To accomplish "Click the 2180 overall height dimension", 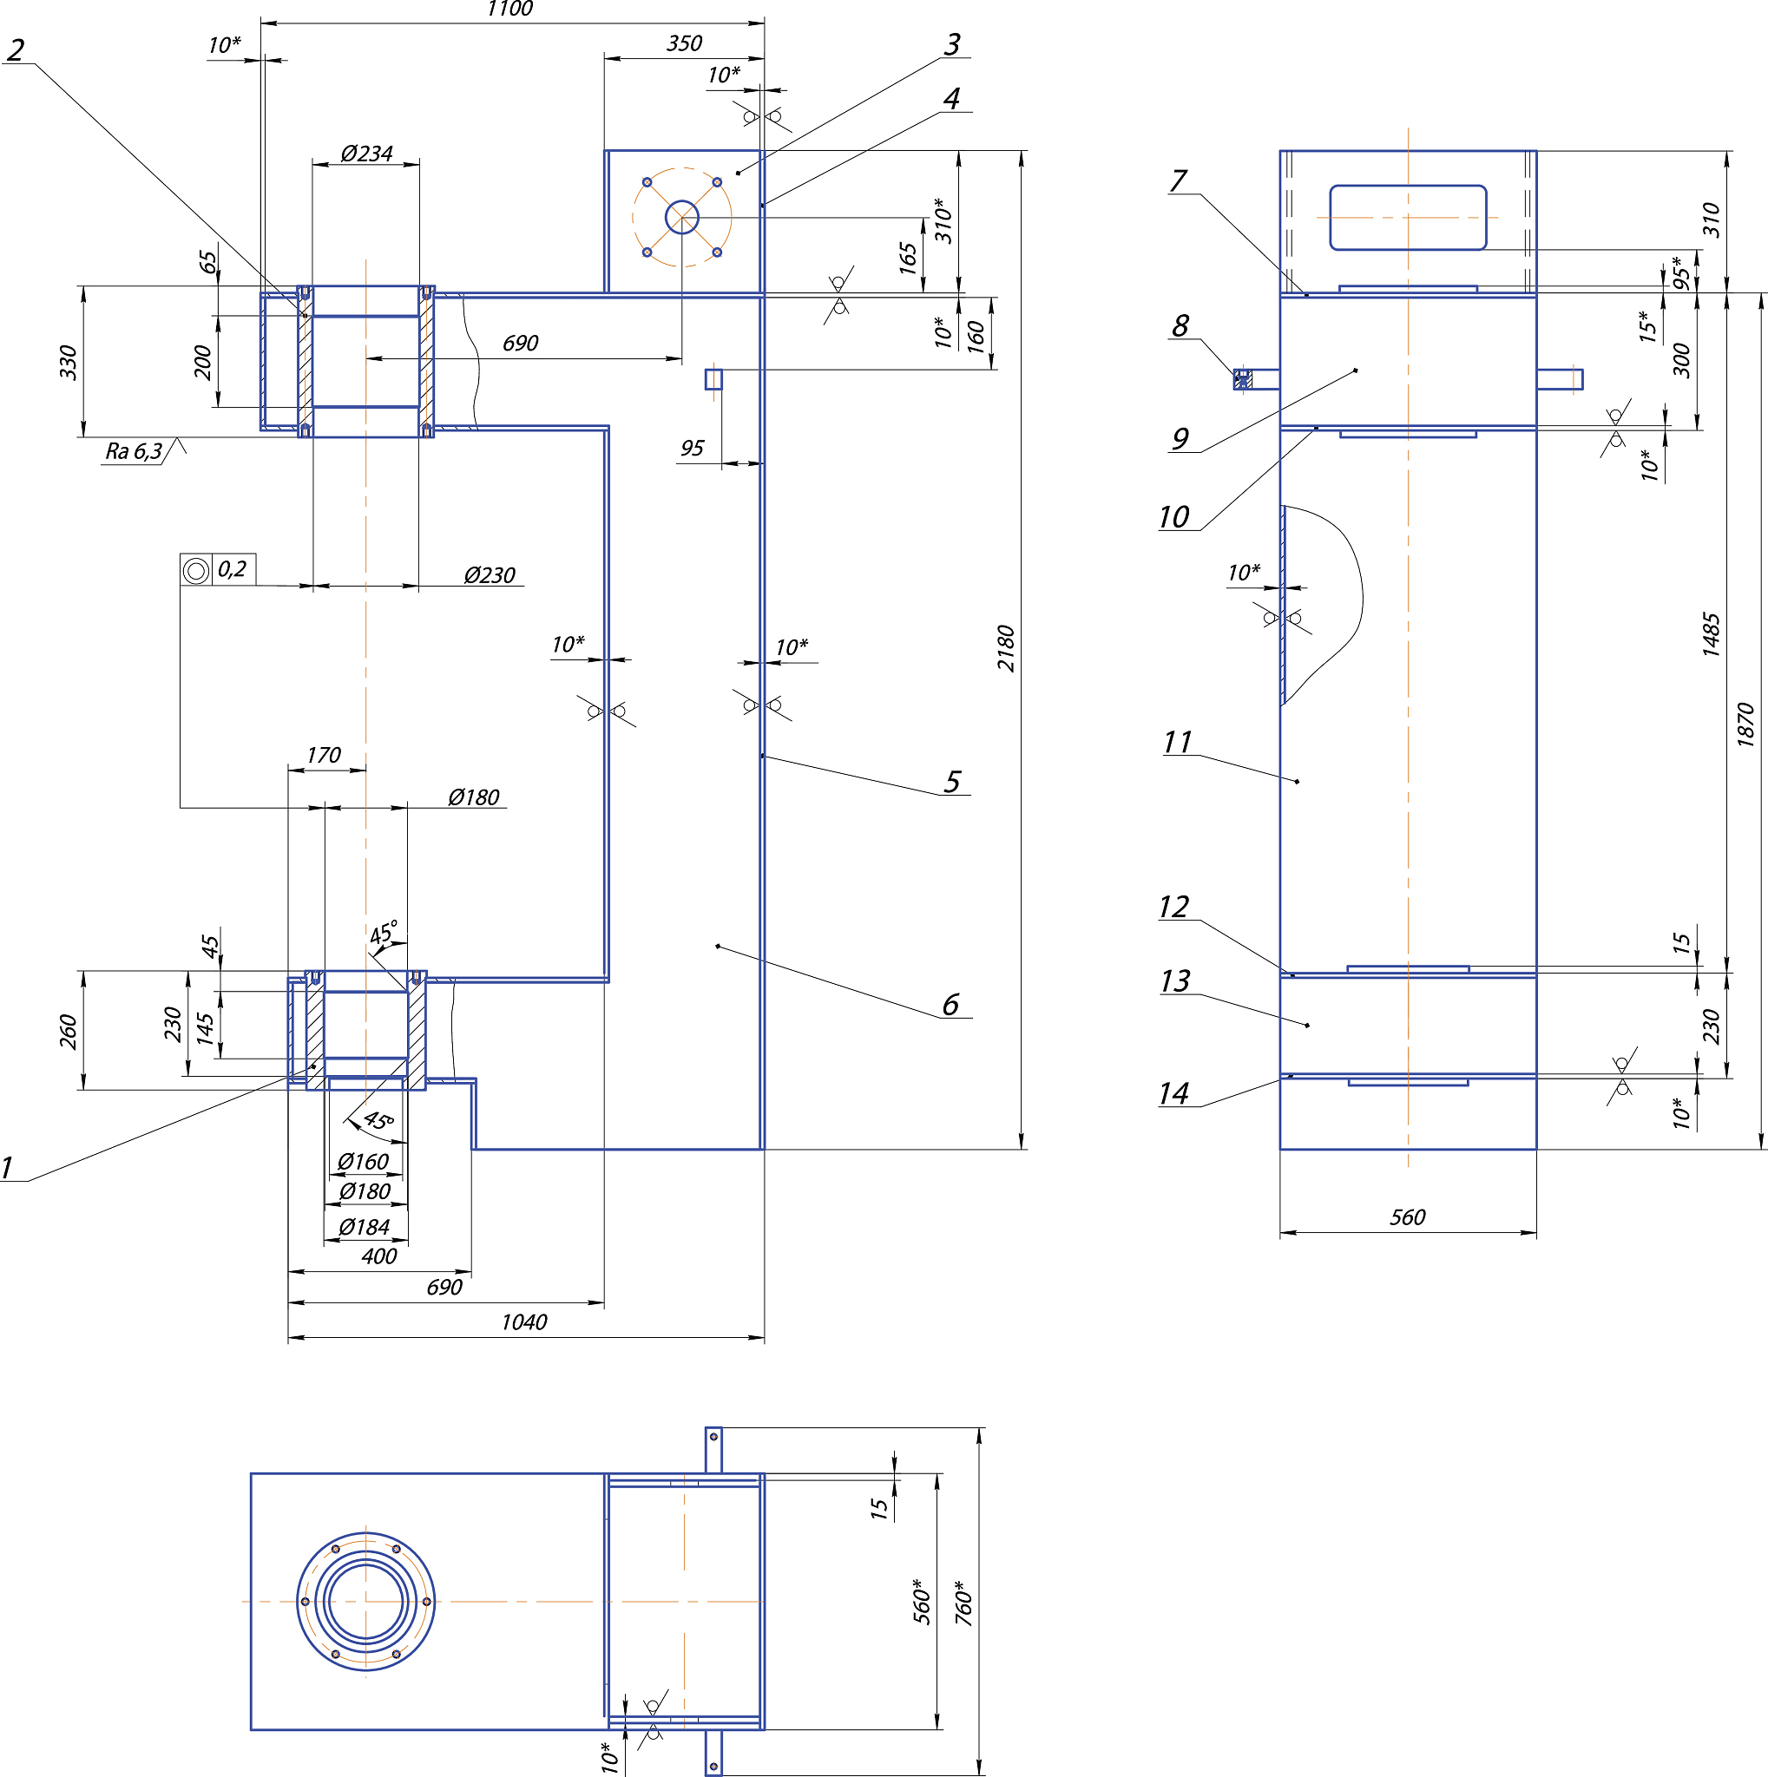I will click(x=1006, y=648).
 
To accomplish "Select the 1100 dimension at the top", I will click(x=509, y=10).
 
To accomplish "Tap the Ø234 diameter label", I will click(x=366, y=154).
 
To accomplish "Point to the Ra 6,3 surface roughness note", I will click(x=135, y=450).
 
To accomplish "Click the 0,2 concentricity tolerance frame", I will click(x=218, y=569).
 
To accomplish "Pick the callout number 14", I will click(x=1173, y=1093).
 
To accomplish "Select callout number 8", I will click(x=1180, y=325).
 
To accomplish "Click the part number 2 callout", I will click(x=15, y=49).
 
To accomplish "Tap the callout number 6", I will click(x=950, y=1005).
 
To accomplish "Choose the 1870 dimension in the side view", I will click(x=1746, y=724).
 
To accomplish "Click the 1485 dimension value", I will click(x=1710, y=633).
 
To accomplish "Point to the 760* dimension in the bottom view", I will click(x=963, y=1603).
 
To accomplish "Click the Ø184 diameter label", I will click(x=365, y=1227).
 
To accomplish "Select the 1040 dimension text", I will click(x=524, y=1321).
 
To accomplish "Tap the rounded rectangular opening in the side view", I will click(x=1408, y=217).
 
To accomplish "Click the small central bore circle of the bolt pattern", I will click(x=681, y=218).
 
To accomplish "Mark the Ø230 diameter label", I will click(x=490, y=576).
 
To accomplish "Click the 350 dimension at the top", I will click(x=685, y=43).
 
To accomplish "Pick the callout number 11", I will click(x=1178, y=742).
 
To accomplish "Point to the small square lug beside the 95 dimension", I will click(x=713, y=379).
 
